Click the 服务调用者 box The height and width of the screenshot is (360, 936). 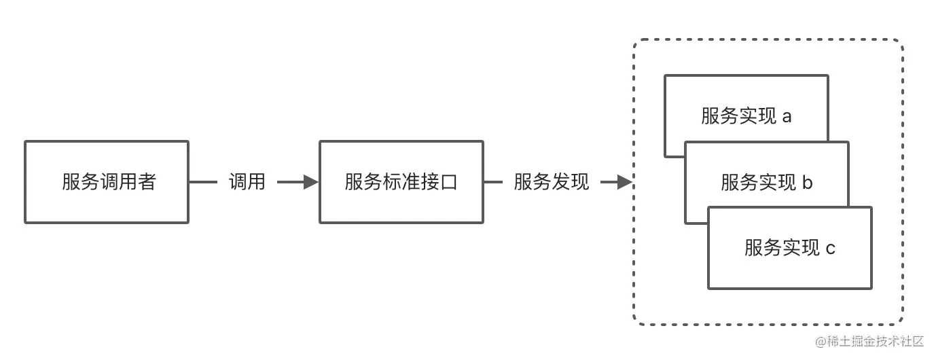(107, 182)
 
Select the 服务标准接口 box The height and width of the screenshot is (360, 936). (401, 182)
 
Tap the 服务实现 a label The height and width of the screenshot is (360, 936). (746, 116)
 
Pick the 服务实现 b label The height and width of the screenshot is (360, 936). (766, 182)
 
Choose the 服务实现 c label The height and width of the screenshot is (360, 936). (789, 248)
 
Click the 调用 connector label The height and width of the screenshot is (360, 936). (247, 182)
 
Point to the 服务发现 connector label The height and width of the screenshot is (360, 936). (551, 182)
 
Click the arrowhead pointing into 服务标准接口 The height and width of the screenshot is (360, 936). (311, 182)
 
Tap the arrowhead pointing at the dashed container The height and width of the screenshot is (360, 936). (624, 182)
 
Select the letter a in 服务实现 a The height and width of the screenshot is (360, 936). (787, 117)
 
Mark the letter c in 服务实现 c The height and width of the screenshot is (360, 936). (830, 249)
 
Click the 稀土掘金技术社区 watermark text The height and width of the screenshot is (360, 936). (880, 340)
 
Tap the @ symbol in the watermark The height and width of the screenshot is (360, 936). (821, 340)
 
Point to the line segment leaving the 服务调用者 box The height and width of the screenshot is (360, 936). (202, 182)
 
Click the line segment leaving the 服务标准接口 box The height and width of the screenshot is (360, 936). (494, 182)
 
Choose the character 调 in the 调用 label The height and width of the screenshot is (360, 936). (237, 182)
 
